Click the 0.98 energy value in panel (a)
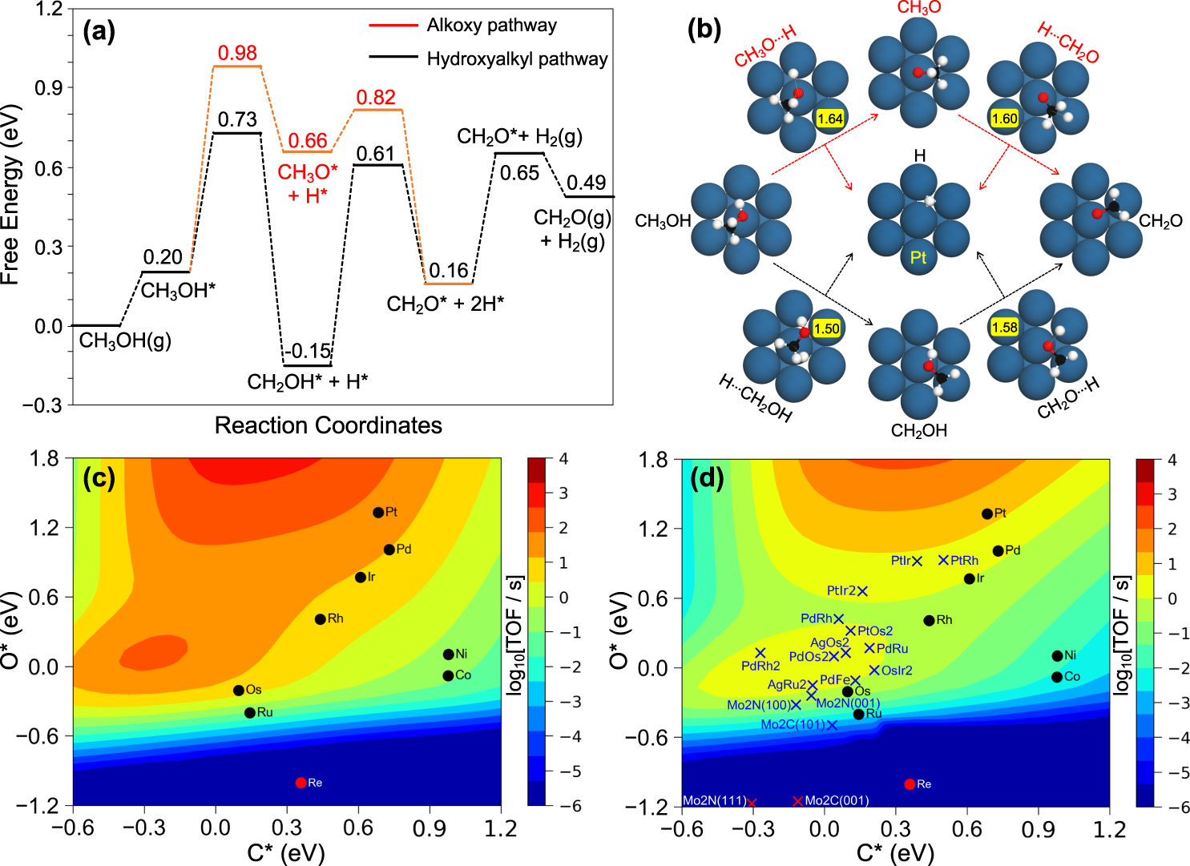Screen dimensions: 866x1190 [237, 54]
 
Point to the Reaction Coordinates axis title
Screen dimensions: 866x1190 [328, 425]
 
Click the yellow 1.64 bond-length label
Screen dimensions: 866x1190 [829, 119]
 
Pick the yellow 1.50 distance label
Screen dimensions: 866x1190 [826, 329]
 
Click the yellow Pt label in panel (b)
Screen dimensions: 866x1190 [918, 258]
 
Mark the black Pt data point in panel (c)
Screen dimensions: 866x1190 [378, 513]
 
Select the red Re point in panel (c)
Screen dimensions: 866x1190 [301, 783]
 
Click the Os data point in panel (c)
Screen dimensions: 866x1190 [238, 691]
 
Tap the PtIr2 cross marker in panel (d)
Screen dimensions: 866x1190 [862, 591]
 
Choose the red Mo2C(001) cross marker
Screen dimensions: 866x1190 [797, 801]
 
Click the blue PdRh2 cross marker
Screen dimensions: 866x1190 [760, 654]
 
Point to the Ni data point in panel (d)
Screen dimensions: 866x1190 [1057, 656]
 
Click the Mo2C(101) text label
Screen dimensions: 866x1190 [793, 725]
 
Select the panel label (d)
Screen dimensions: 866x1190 [707, 479]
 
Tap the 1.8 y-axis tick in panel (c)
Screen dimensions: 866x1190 [44, 459]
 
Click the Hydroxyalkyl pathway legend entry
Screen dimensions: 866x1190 [517, 59]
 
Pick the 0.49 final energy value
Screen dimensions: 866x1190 [587, 183]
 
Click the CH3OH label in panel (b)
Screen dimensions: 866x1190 [663, 222]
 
